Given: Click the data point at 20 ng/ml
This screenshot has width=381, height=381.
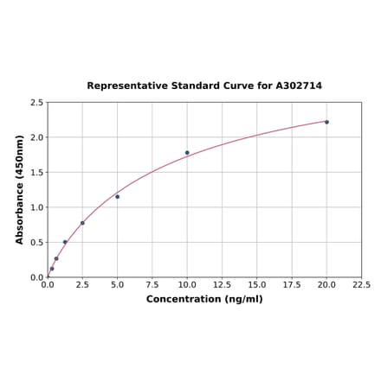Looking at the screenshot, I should (x=326, y=122).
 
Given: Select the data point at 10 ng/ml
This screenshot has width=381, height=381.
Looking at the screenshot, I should (x=187, y=153).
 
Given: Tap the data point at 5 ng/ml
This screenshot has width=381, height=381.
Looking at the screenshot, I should (x=117, y=197).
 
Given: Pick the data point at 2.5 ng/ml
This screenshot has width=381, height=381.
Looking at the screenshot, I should (x=82, y=223).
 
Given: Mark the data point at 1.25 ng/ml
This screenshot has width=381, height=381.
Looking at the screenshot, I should (x=65, y=242).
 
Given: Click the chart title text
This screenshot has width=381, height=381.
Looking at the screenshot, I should (x=203, y=86).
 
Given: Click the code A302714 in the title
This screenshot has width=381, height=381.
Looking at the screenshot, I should (x=299, y=86).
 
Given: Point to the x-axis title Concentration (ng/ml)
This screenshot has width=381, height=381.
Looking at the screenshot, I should (x=203, y=299).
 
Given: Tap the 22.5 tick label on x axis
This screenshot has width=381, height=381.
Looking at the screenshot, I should (x=361, y=284).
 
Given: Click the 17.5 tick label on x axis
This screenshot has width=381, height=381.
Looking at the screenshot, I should (x=292, y=284).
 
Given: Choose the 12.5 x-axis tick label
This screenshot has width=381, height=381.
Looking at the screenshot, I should (x=222, y=284).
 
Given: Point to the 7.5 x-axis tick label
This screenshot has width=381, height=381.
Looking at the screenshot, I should (x=152, y=284).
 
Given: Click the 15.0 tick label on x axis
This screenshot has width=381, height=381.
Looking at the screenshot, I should (x=257, y=284).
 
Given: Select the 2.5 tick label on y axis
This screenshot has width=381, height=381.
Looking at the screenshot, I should (x=36, y=103).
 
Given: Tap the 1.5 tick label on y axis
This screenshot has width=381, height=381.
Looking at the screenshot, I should (x=36, y=173).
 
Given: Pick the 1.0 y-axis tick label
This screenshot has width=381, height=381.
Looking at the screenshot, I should (x=36, y=207).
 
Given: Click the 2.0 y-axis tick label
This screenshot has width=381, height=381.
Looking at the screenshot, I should (x=36, y=137).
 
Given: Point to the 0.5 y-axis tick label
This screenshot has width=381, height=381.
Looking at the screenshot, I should (x=36, y=243).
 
